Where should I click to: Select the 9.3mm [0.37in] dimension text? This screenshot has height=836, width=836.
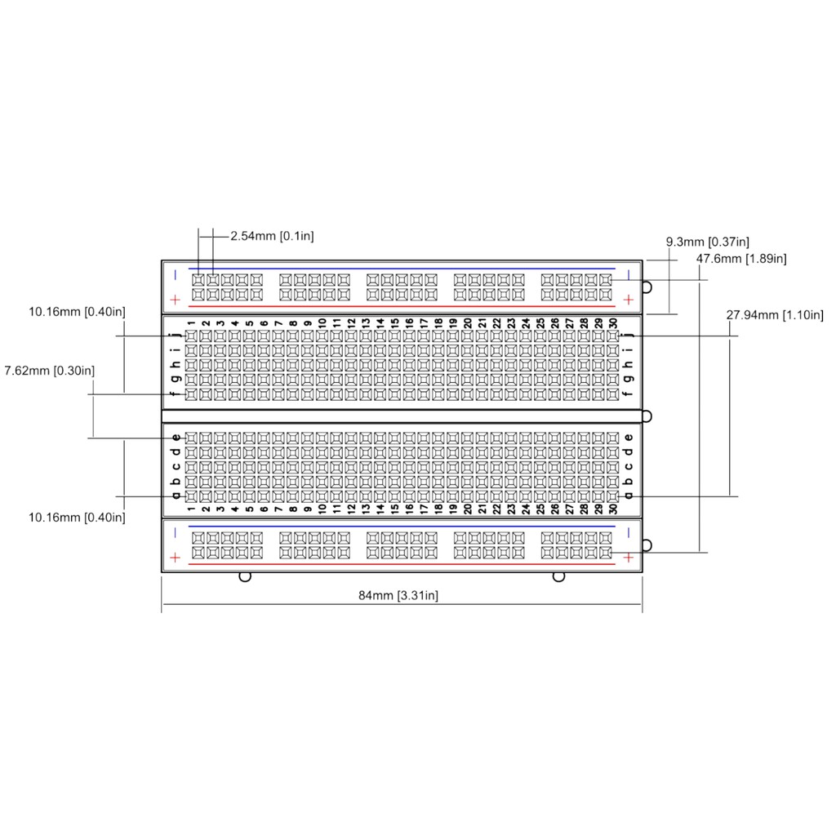coord(708,242)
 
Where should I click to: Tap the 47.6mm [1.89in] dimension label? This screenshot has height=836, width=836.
coord(741,259)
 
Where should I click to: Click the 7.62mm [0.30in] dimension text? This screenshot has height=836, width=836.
coord(49,371)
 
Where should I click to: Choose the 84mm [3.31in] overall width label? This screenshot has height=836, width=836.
coord(398,595)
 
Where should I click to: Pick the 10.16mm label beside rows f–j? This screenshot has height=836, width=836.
coord(77,311)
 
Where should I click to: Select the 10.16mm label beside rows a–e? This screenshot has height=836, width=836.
coord(77,517)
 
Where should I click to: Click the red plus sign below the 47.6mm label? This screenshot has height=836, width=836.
coord(629,300)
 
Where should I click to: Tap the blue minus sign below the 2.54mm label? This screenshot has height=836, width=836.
coord(175,274)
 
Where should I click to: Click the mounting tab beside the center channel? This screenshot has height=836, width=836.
coord(647,416)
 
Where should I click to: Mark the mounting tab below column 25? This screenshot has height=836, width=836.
coord(558,576)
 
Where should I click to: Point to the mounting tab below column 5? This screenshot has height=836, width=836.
coord(243,576)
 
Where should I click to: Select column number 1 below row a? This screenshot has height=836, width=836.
coord(191,509)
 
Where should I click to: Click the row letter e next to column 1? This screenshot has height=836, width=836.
coord(176,438)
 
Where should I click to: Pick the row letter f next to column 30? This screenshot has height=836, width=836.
coord(628,395)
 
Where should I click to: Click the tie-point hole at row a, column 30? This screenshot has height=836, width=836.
coord(613,496)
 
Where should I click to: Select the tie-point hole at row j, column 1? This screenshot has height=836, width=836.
coord(191,336)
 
